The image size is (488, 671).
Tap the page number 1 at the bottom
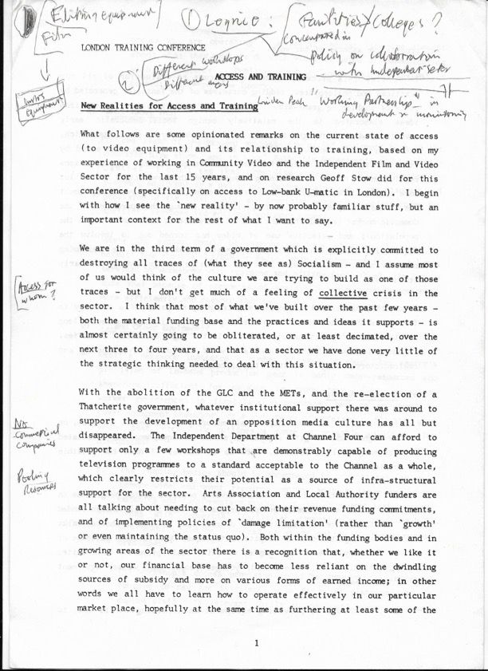(255, 643)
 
